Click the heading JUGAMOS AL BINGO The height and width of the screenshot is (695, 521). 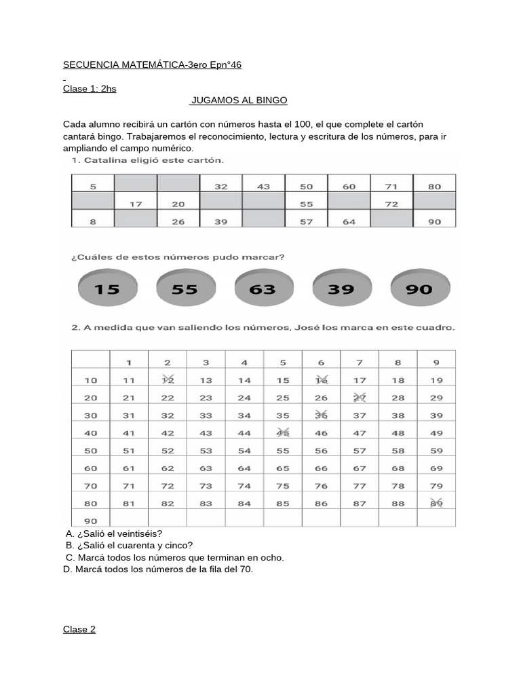pos(239,100)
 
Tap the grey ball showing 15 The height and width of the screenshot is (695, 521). pos(107,289)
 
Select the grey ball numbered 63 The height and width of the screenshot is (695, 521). pos(263,289)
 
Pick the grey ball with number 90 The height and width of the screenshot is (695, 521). pos(419,289)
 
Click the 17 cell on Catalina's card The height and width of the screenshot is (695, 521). pos(136,204)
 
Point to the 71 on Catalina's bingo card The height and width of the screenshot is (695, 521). pos(391,186)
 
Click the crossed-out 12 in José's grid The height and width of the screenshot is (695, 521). pos(168,380)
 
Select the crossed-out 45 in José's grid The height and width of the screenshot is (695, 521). pos(283,432)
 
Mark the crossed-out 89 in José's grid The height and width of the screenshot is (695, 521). pos(436,503)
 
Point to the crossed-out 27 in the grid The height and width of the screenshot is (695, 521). pos(360,398)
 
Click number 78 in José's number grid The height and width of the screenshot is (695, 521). pos(398,485)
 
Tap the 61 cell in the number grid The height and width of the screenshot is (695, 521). pos(129,468)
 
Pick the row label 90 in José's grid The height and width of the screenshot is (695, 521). pos(90,521)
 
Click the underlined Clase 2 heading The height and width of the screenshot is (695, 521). pos(79,629)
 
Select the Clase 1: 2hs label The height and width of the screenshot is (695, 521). pos(90,88)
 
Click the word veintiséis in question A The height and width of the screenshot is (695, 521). pos(139,533)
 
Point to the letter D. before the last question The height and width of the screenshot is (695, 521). pos(67,569)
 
